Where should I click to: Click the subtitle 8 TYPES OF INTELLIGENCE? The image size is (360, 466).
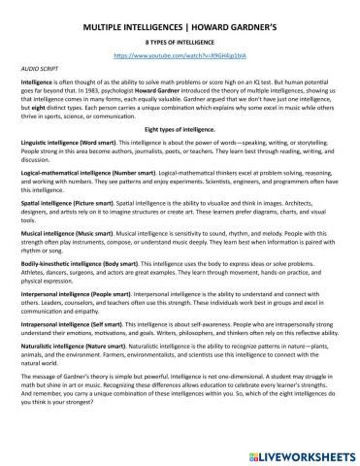(x=180, y=43)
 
